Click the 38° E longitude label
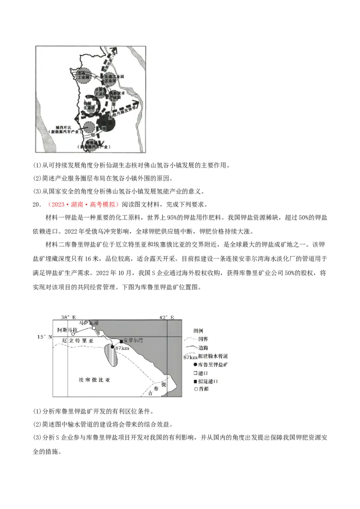(69, 317)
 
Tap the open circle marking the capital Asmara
(73, 334)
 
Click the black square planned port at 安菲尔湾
(121, 342)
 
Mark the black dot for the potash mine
(112, 347)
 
